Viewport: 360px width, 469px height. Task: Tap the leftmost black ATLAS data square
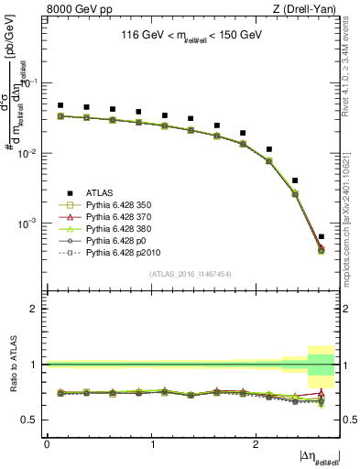60,105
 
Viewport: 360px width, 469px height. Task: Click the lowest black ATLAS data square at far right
321,237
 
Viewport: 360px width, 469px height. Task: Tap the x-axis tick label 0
48,443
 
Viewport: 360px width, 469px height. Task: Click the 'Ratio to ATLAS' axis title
13,364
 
